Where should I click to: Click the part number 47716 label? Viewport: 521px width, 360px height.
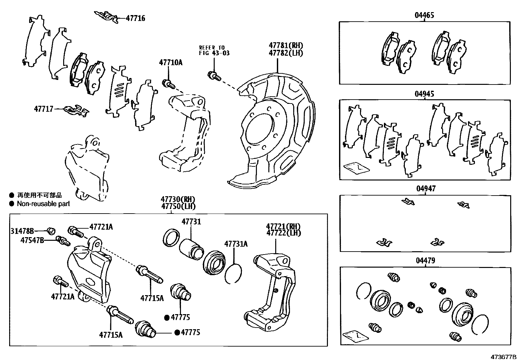click(135, 18)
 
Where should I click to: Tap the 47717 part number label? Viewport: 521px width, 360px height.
click(44, 108)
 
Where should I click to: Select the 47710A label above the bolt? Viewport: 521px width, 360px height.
click(171, 62)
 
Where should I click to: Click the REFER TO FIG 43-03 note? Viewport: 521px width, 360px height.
click(214, 50)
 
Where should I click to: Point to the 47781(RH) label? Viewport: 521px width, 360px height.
click(286, 46)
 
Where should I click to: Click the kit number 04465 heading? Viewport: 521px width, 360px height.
click(424, 15)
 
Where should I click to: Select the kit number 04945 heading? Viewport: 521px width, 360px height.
click(424, 94)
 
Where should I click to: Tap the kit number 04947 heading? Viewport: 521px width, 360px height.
click(426, 189)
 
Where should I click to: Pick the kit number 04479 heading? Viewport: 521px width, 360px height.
click(425, 261)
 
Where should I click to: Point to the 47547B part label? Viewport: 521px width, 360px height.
click(32, 240)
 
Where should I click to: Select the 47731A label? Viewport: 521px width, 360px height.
click(236, 244)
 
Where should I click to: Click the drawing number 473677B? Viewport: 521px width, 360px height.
click(503, 356)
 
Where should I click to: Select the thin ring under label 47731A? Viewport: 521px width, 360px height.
click(233, 274)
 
